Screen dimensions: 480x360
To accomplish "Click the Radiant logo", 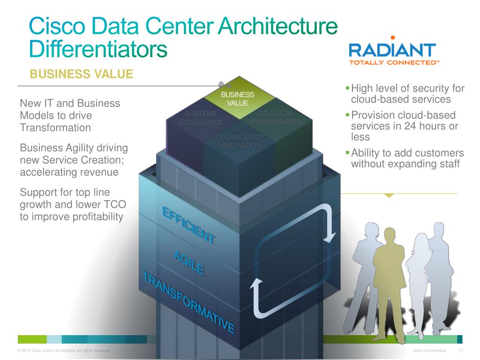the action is pos(392,52).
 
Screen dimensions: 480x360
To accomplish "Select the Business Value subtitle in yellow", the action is pos(82,74).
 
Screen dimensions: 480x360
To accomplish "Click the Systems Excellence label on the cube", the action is pos(201,118).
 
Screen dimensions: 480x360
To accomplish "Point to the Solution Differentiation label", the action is pos(275,118).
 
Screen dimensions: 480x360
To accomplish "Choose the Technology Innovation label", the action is pos(240,141).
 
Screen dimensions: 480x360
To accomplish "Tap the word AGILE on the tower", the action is pos(189,263).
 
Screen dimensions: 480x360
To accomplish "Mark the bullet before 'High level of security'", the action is pos(347,88).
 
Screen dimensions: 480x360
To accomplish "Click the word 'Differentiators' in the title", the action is pos(98,49).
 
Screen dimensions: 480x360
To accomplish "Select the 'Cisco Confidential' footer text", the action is pos(429,351).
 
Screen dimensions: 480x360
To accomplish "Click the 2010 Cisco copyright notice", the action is pos(63,351).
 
